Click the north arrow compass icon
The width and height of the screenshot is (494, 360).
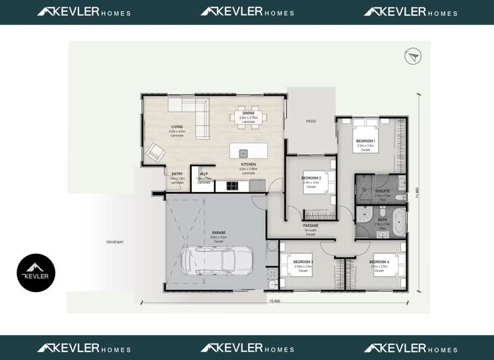(x=413, y=57)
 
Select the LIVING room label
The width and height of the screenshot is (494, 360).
(x=177, y=127)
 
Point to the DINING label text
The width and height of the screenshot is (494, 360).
(x=248, y=113)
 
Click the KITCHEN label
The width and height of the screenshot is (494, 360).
(x=248, y=164)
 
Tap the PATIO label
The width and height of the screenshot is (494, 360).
(x=311, y=121)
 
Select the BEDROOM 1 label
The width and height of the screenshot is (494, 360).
(x=365, y=141)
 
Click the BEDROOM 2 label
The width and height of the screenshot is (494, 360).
(x=311, y=178)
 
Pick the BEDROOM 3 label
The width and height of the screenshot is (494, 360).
(x=303, y=262)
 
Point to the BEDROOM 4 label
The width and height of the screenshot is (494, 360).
(x=379, y=262)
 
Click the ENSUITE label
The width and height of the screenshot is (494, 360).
(x=383, y=191)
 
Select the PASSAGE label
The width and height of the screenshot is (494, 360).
(x=311, y=225)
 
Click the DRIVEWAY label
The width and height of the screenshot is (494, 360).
(x=115, y=242)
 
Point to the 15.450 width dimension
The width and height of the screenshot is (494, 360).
(x=274, y=301)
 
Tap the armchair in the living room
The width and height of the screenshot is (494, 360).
(x=156, y=153)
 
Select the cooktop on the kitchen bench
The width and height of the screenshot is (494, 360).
(x=233, y=186)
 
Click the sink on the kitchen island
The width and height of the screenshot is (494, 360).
(x=243, y=153)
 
